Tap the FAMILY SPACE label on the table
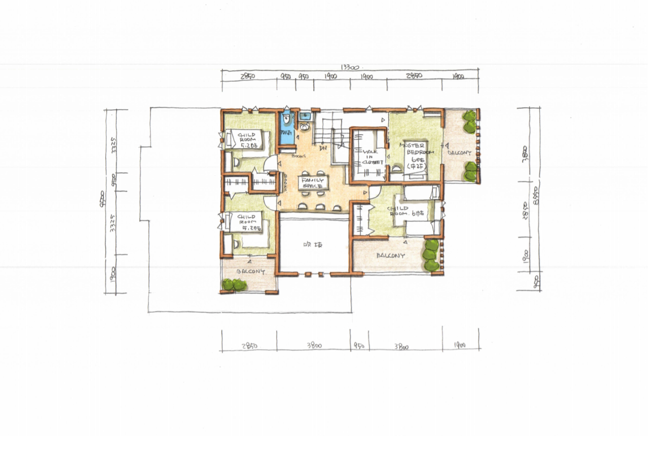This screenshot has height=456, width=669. [x=313, y=183]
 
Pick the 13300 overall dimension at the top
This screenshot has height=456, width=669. [x=350, y=67]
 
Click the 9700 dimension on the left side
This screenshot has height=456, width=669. [x=102, y=197]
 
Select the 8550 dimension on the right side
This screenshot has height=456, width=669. [x=535, y=196]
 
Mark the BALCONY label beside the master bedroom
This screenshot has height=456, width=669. [x=459, y=153]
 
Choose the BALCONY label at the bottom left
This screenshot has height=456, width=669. [x=250, y=272]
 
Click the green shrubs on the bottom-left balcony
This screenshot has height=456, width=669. [x=234, y=284]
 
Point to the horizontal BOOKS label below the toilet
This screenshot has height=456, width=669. [x=298, y=157]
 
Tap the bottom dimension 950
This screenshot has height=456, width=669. [x=358, y=347]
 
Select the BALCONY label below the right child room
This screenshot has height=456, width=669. [x=390, y=256]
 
